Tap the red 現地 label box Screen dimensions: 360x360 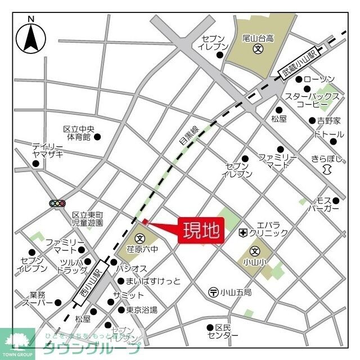(201, 231)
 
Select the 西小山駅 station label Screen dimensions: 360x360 (89, 282)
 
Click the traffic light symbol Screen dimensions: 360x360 (57, 203)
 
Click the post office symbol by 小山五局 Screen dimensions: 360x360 (214, 292)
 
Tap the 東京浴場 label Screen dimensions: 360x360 (141, 309)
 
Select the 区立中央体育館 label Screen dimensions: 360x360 (79, 133)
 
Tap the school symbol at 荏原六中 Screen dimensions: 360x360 (139, 236)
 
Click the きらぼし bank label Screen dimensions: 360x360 (327, 159)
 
